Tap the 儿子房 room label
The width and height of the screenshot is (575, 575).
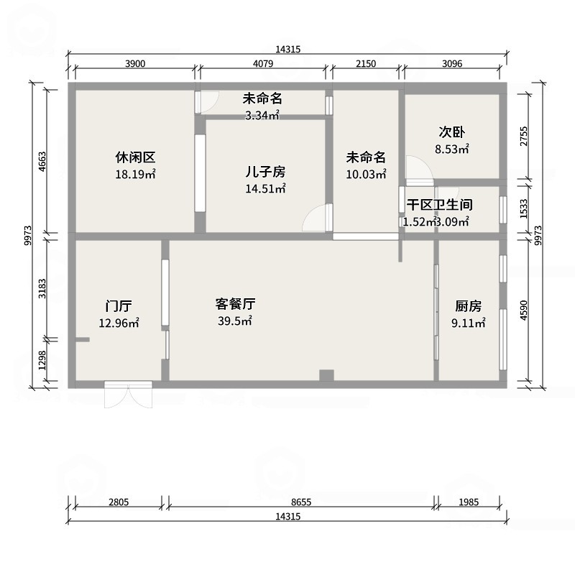click(x=265, y=172)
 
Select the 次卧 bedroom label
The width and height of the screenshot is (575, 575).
click(x=451, y=134)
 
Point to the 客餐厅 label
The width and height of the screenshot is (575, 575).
click(x=235, y=304)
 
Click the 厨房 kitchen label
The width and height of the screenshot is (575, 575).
click(x=468, y=305)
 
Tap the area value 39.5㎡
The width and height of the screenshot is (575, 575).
click(x=235, y=321)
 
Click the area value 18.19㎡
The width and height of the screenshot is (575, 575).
click(x=135, y=174)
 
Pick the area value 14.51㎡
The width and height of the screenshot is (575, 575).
click(x=265, y=189)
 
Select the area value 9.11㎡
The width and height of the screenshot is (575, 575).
click(x=468, y=323)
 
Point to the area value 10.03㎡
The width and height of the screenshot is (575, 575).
click(x=366, y=174)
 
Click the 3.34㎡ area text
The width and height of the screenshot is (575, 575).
click(x=262, y=115)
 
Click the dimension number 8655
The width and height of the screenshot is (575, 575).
click(x=301, y=502)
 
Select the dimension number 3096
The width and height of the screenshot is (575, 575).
click(x=451, y=64)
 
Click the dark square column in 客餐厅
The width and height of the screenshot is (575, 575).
click(x=327, y=374)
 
